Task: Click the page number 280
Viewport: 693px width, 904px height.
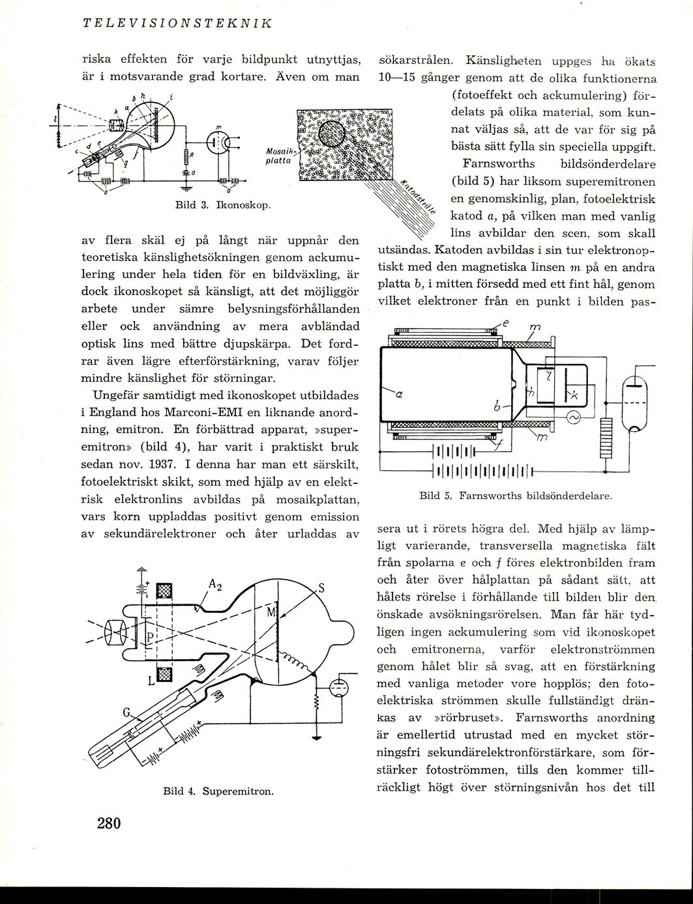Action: [110, 823]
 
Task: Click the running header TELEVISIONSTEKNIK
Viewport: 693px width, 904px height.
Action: [177, 24]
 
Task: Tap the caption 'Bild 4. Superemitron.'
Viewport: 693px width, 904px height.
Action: [217, 792]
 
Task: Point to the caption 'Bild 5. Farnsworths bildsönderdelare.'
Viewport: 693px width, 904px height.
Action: [515, 496]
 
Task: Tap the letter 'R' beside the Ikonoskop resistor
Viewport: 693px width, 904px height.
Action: [191, 154]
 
